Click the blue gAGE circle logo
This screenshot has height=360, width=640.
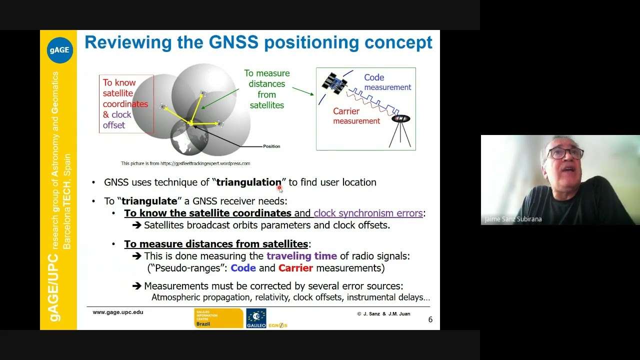[x=59, y=50]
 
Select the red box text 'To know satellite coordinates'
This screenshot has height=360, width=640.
[x=125, y=93]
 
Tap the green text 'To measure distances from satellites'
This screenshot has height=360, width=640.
[x=266, y=89]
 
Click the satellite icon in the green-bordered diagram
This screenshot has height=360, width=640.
[x=334, y=83]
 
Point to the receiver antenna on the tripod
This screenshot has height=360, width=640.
[x=400, y=119]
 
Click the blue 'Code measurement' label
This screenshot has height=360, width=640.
[x=387, y=82]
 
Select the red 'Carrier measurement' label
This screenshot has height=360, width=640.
[x=356, y=115]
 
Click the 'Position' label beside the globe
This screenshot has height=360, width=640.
[x=271, y=146]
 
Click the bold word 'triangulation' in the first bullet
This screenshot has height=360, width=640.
[x=248, y=182]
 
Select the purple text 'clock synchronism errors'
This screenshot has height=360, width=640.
[x=368, y=213]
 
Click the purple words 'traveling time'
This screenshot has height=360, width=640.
[x=301, y=256]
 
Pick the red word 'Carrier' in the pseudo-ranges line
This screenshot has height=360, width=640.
[x=295, y=268]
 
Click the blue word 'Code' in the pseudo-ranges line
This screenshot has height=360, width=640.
[x=243, y=268]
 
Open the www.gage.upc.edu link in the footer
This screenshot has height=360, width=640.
[x=118, y=312]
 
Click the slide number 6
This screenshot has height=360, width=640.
[x=430, y=319]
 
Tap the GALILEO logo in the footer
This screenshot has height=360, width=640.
[x=256, y=318]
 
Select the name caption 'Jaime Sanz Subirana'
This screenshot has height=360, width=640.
[x=513, y=219]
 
